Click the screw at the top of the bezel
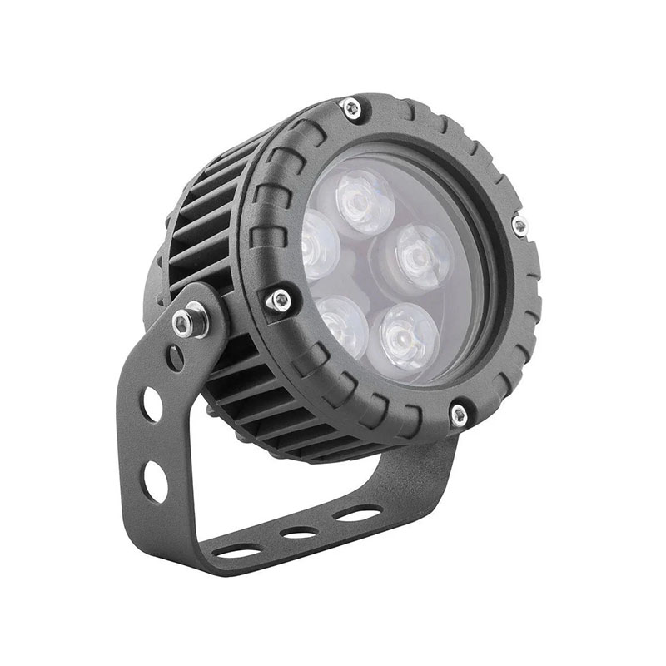click(351, 107)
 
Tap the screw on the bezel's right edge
click(519, 225)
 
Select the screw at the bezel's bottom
click(458, 414)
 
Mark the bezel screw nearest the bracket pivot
click(281, 299)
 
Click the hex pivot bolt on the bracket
click(190, 321)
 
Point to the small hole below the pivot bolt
click(176, 357)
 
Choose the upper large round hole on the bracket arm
click(152, 405)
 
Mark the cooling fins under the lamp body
click(275, 416)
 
